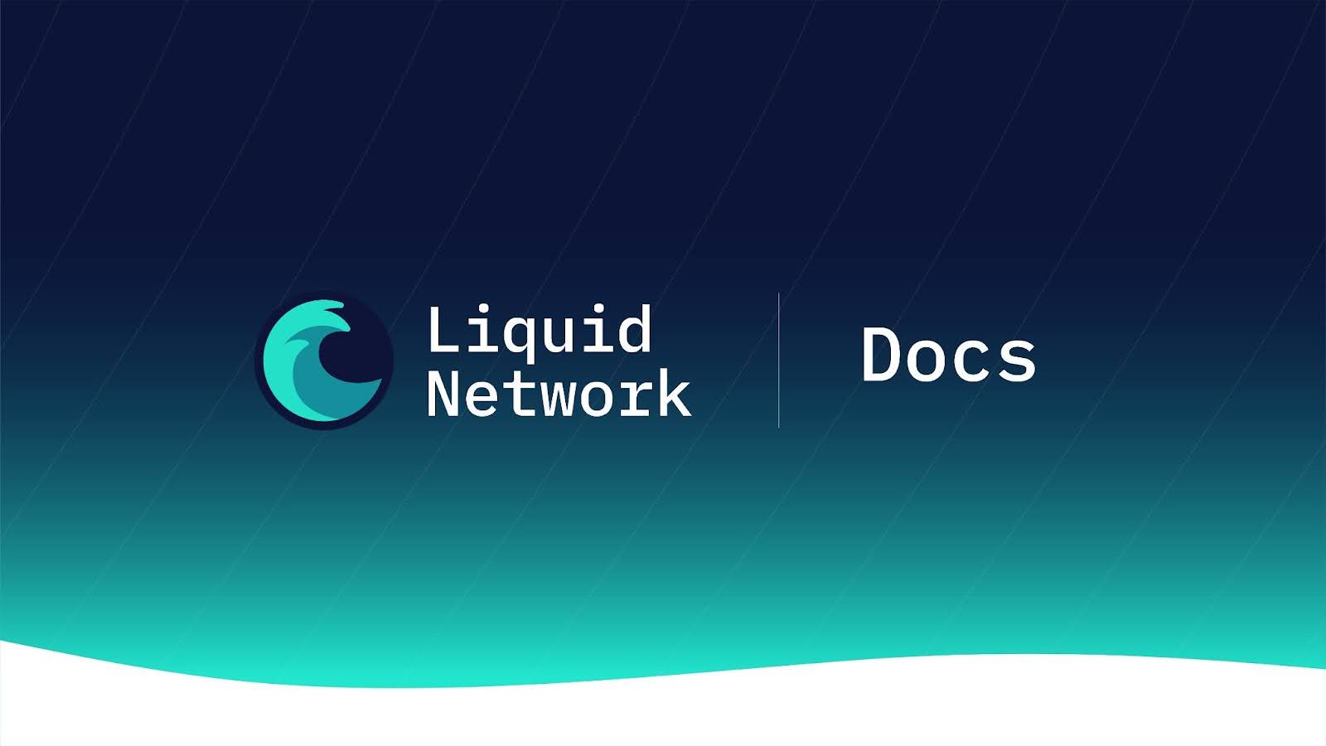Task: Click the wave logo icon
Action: (x=324, y=361)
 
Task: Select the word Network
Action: (x=559, y=393)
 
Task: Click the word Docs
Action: (x=949, y=354)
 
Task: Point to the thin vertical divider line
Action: (x=778, y=360)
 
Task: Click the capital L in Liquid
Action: (x=443, y=328)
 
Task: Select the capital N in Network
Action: (x=443, y=393)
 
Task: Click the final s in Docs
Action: (x=1018, y=361)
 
